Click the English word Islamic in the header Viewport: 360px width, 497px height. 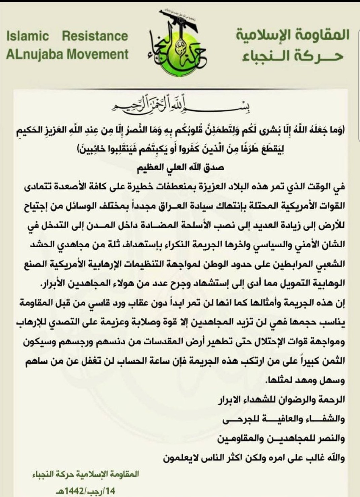(28, 36)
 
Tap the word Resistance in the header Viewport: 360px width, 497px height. (95, 36)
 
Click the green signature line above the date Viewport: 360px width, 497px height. (85, 474)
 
